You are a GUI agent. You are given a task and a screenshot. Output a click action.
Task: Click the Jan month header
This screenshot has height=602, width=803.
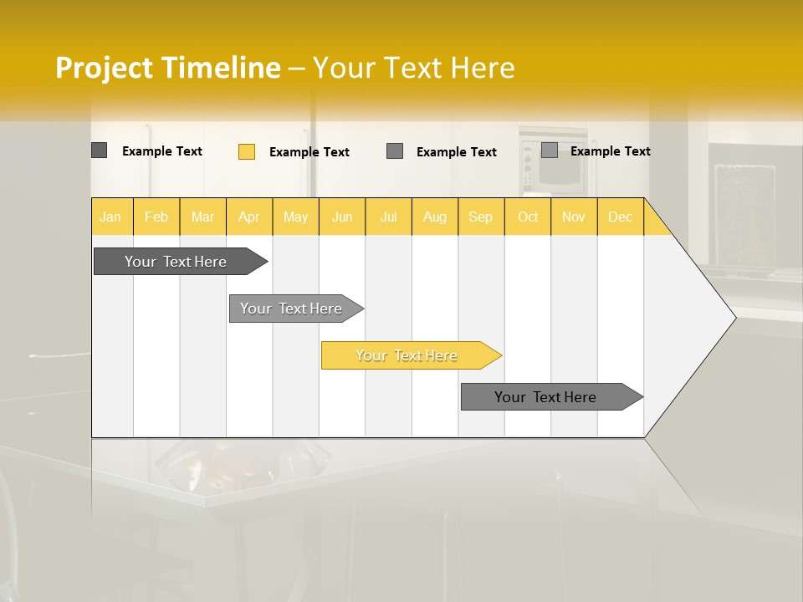click(x=110, y=217)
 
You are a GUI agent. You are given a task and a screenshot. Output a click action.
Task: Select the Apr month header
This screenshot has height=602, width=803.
click(x=249, y=217)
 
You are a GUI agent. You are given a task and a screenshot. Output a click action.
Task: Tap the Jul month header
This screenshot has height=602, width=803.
click(x=388, y=217)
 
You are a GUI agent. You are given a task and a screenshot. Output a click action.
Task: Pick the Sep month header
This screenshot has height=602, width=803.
click(x=480, y=217)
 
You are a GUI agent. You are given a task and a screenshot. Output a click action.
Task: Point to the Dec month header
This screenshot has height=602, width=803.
click(x=620, y=217)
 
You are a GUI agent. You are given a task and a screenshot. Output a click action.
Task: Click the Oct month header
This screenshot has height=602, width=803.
click(x=528, y=217)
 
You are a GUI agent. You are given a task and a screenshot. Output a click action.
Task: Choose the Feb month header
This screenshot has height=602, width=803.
click(x=156, y=217)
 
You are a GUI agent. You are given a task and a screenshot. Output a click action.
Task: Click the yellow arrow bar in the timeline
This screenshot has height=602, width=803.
click(x=407, y=355)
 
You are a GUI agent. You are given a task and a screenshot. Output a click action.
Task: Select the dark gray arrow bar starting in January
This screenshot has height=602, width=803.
click(x=176, y=262)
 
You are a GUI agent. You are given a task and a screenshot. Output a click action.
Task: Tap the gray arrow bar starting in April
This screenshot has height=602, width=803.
click(x=292, y=309)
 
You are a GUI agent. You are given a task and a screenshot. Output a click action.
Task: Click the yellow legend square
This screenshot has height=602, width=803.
click(x=246, y=151)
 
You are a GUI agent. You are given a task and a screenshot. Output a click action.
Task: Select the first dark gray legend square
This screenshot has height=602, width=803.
click(x=99, y=150)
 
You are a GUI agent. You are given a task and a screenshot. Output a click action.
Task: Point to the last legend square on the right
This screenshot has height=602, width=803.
click(x=549, y=150)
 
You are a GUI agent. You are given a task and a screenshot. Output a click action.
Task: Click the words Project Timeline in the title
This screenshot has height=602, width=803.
click(x=167, y=68)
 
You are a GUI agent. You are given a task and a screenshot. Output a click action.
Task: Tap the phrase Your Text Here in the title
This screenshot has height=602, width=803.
click(x=413, y=68)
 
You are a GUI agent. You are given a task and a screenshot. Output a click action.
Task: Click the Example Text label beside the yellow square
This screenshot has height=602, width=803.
click(x=309, y=152)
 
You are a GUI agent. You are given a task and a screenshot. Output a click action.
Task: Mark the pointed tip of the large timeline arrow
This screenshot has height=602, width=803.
click(x=734, y=318)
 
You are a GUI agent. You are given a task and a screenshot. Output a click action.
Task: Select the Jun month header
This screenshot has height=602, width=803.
click(x=342, y=217)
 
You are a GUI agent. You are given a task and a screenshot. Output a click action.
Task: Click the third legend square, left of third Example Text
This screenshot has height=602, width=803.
click(x=395, y=151)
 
